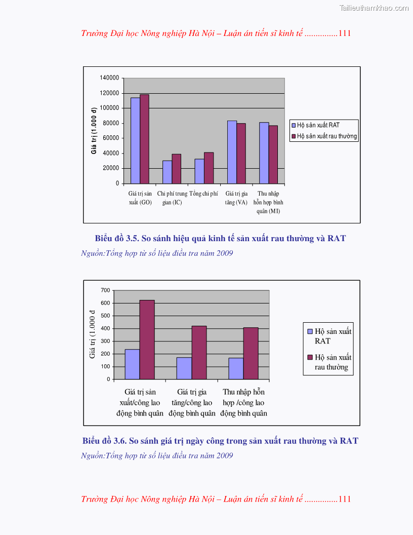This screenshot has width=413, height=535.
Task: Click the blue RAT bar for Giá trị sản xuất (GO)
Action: tap(135, 140)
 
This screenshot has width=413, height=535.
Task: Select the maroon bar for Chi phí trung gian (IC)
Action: tap(176, 169)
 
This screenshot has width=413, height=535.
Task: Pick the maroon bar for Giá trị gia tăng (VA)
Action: tap(241, 153)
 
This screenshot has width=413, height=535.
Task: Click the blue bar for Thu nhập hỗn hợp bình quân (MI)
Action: tap(264, 152)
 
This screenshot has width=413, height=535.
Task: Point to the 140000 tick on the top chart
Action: tap(109, 78)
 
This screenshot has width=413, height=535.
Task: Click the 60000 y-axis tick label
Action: tap(111, 138)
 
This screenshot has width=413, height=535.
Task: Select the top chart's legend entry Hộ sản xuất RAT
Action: tap(318, 125)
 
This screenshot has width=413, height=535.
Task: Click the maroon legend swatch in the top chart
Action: tap(294, 136)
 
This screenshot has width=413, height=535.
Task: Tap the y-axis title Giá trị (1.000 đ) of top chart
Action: tap(94, 130)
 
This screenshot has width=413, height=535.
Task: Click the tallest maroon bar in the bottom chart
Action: tap(147, 339)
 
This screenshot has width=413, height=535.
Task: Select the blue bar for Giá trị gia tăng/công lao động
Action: tap(184, 368)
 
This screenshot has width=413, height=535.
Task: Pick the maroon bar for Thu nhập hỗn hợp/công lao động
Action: tap(251, 353)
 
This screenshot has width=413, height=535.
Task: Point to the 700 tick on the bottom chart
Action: tap(105, 290)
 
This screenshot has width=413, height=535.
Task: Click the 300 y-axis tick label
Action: tap(105, 341)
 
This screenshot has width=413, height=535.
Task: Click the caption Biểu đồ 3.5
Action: tap(220, 238)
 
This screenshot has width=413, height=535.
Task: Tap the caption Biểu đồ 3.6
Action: tap(220, 441)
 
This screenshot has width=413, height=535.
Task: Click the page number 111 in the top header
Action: tap(345, 33)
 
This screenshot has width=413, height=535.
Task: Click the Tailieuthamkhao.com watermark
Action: tap(374, 8)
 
